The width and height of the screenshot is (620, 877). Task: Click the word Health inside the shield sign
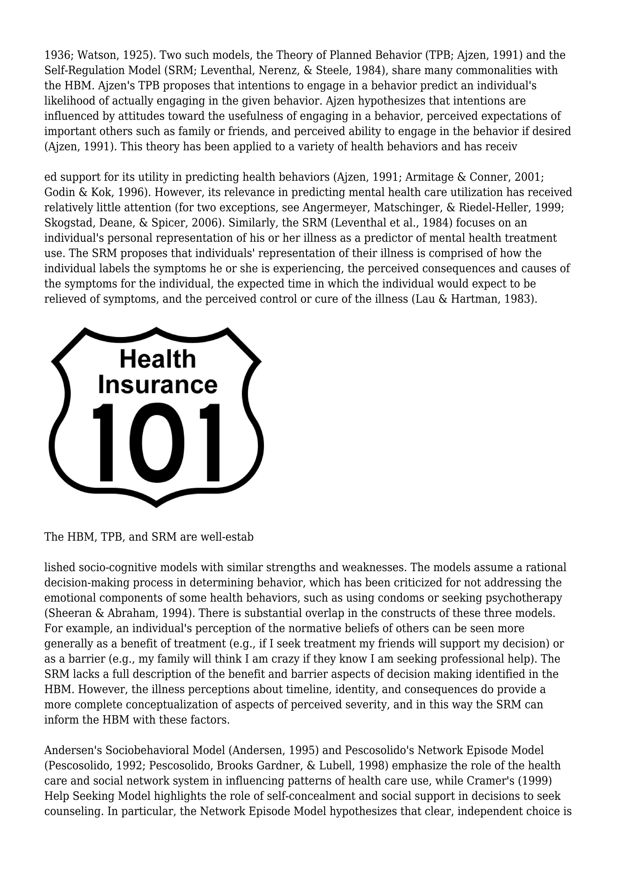click(x=158, y=359)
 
